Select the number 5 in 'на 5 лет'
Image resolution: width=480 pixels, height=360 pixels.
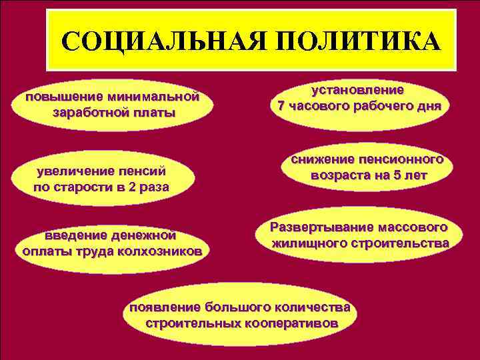[387, 176]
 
